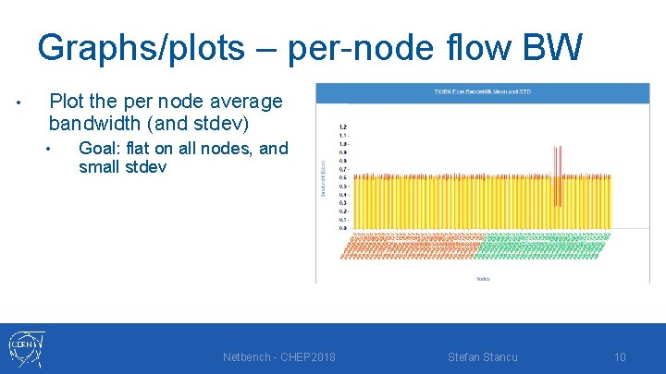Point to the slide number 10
point(620,356)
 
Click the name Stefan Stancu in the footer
point(483,356)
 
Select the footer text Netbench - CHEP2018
point(279,356)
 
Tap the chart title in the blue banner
point(482,91)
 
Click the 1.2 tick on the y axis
point(342,127)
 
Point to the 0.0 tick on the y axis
point(342,227)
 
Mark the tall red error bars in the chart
point(557,175)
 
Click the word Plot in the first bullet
point(68,101)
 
